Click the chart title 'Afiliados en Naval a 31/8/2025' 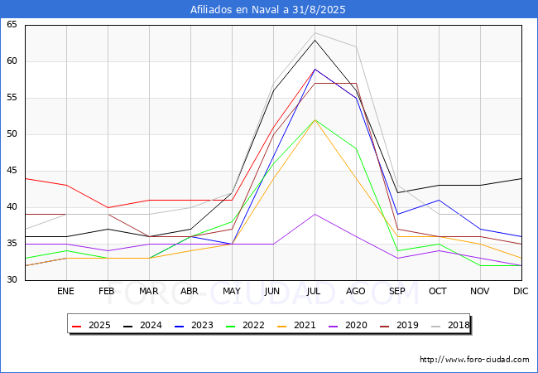click(x=267, y=10)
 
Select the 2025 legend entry click(x=92, y=325)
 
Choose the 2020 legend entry click(x=348, y=325)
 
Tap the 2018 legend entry click(x=450, y=325)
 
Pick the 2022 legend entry click(x=246, y=325)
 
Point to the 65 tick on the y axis click(x=12, y=24)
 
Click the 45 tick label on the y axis click(x=12, y=171)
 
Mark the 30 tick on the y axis click(x=12, y=279)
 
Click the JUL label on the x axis click(x=314, y=291)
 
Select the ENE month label click(x=65, y=291)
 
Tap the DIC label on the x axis click(x=521, y=291)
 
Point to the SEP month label click(x=397, y=291)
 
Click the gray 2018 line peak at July click(x=315, y=33)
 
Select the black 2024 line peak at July click(x=315, y=40)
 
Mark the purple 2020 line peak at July click(x=315, y=215)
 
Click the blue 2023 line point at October click(x=439, y=200)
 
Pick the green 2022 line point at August click(x=356, y=148)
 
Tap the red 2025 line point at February click(x=108, y=207)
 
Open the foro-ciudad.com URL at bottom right click(x=474, y=360)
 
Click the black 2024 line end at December click(x=521, y=178)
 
